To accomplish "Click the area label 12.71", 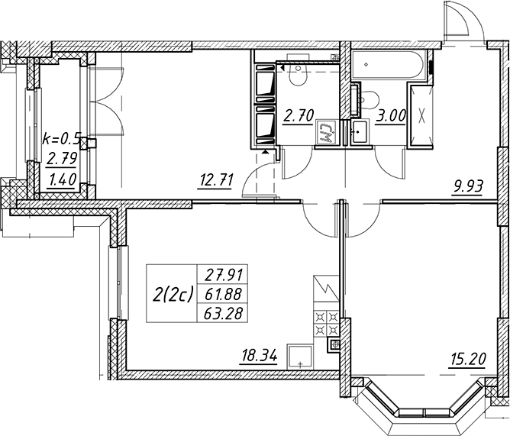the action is pyautogui.click(x=215, y=181).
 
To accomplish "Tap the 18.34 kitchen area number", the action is pyautogui.click(x=258, y=357).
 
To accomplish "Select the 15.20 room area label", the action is pyautogui.click(x=467, y=360).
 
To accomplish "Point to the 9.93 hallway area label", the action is pyautogui.click(x=467, y=187).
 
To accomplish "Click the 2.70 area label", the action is pyautogui.click(x=299, y=115).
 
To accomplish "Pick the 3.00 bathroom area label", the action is pyautogui.click(x=391, y=115).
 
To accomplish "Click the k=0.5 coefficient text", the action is pyautogui.click(x=61, y=139).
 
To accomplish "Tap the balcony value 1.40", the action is pyautogui.click(x=62, y=179).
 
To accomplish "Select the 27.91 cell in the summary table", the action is pyautogui.click(x=224, y=276).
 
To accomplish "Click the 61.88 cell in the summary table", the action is pyautogui.click(x=224, y=295).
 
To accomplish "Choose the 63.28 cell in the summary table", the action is pyautogui.click(x=224, y=314).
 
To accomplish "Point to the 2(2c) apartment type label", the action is pyautogui.click(x=173, y=295).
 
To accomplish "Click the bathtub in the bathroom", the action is pyautogui.click(x=389, y=64).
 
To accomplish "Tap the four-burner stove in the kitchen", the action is pyautogui.click(x=326, y=323).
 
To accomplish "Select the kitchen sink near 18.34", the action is pyautogui.click(x=300, y=357).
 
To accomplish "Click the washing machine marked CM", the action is pyautogui.click(x=327, y=131).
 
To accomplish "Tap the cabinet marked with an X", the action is pyautogui.click(x=421, y=115).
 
